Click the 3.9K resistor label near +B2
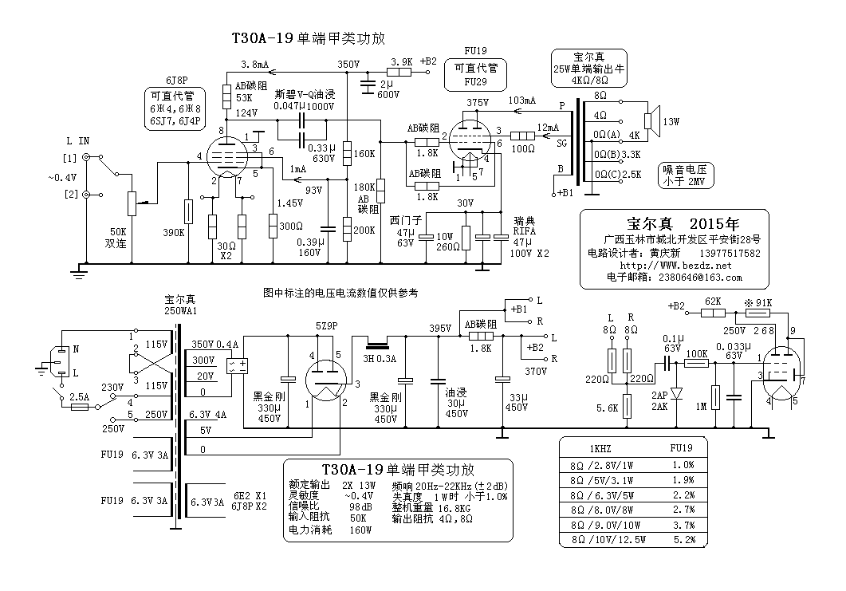tap(401, 61)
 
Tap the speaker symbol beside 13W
tap(650, 121)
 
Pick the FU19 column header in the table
tap(683, 448)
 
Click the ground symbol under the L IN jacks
tap(78, 272)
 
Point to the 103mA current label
tap(521, 100)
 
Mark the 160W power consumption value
tap(362, 530)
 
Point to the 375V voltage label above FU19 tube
tap(478, 102)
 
